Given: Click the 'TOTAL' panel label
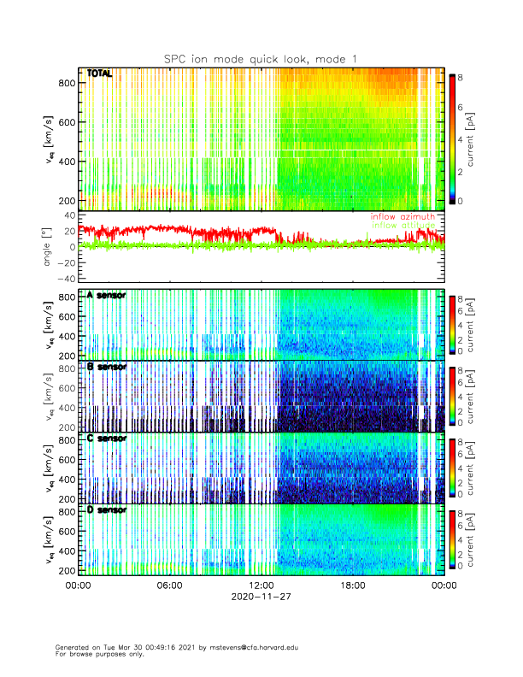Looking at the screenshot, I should tap(100, 74).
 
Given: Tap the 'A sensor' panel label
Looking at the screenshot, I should tap(106, 296).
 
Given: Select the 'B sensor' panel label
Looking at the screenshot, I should tap(106, 367).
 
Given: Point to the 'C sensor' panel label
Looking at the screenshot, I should tap(106, 439).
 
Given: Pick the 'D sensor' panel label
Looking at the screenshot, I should tap(106, 510).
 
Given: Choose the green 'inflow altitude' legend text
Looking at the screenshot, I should tap(403, 226).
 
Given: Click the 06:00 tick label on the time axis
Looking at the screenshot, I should tap(169, 586).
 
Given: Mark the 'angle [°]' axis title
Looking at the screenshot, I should tap(49, 246).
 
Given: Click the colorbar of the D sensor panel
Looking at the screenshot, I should tap(452, 538).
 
